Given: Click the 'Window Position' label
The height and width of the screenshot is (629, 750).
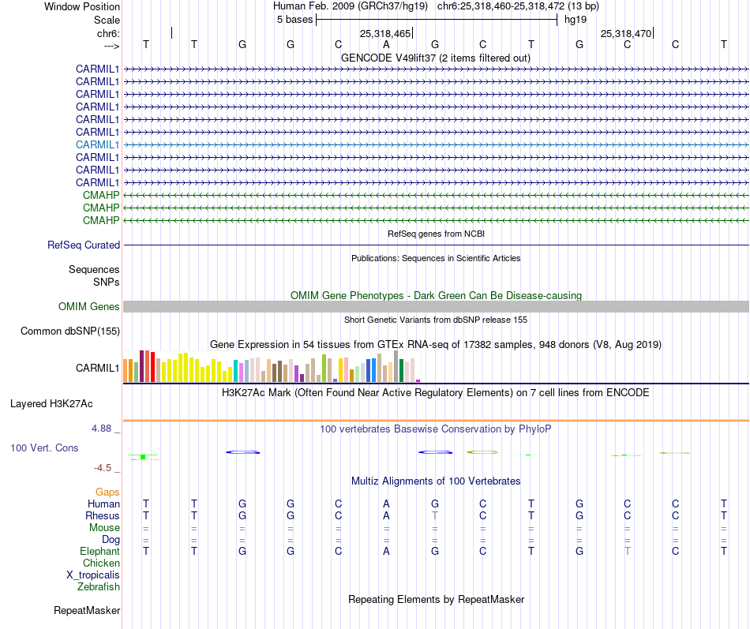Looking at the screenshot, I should point(82,6).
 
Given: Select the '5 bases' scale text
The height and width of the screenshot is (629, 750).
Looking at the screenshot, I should point(294,20).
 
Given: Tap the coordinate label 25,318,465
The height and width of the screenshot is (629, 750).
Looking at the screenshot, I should point(385,34).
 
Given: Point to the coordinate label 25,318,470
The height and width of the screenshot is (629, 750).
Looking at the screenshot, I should point(626,34).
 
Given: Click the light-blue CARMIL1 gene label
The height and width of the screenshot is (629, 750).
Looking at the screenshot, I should point(97,144).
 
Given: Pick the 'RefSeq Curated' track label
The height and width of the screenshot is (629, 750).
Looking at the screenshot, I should point(84,245).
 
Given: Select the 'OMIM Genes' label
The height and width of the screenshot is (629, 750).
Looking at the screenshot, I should point(89,306).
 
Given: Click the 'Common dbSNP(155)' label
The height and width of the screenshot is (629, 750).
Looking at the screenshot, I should point(70,331).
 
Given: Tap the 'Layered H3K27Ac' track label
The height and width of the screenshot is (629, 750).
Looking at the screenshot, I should point(51,404).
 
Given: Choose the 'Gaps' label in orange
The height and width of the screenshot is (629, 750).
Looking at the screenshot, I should point(107,492).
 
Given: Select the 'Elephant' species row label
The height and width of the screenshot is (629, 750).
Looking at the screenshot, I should point(99,551).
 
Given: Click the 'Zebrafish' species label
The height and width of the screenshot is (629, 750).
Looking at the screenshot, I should point(99,586).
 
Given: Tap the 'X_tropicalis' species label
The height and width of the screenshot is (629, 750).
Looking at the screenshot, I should point(93,575).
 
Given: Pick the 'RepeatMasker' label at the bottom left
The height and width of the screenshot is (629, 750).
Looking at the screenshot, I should point(87,610).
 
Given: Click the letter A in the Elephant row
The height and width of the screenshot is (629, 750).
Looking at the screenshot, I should point(386,551).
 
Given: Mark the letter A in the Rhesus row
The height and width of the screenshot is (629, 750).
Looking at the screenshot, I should point(386,515).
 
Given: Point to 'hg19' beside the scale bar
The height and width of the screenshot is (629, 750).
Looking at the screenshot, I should point(575,20).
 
